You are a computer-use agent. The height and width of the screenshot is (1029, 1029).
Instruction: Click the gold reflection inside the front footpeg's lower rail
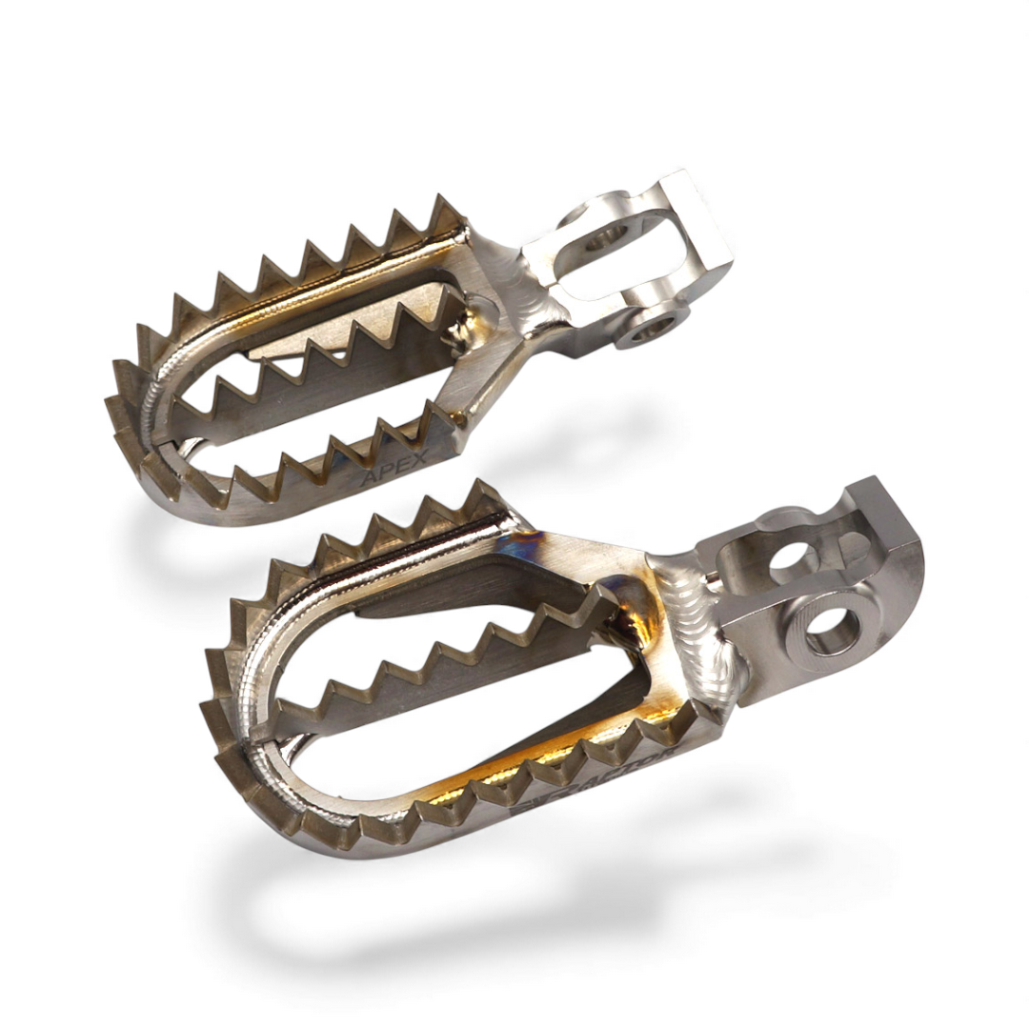tap(495, 780)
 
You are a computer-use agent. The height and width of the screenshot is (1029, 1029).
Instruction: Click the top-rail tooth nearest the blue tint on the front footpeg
tap(486, 499)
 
